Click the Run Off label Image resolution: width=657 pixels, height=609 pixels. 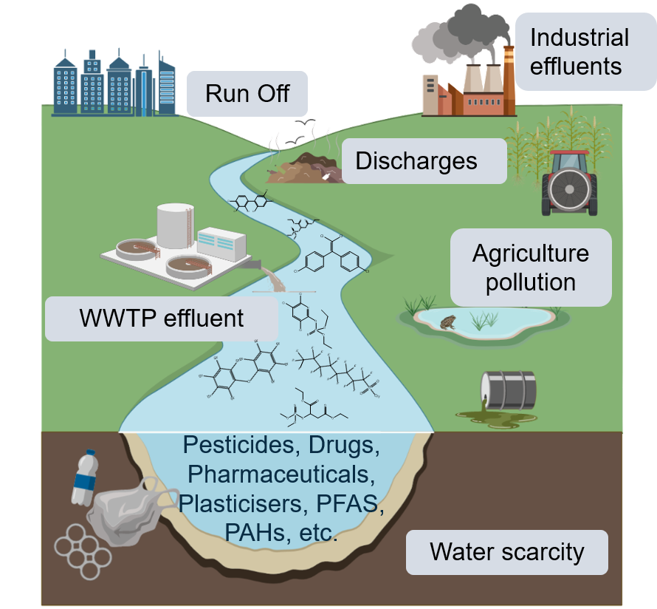pyautogui.click(x=247, y=94)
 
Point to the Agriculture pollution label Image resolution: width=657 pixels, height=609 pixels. pyautogui.click(x=531, y=267)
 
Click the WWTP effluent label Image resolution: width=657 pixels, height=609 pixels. pyautogui.click(x=162, y=319)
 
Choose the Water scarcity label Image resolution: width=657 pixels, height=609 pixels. pyautogui.click(x=506, y=551)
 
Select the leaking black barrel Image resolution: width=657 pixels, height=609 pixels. pyautogui.click(x=508, y=390)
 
